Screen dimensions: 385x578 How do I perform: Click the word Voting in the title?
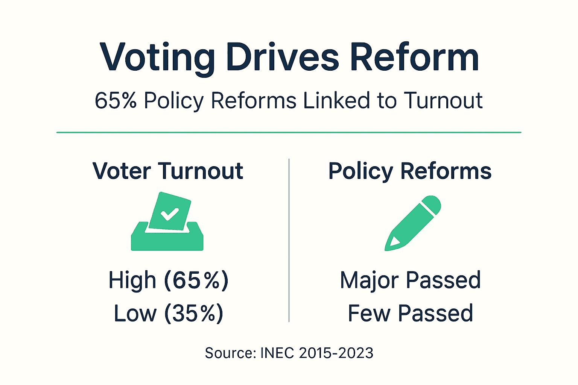pos(157,58)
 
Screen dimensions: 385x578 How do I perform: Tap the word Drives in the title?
pos(283,58)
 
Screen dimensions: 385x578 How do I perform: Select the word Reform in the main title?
pos(414,58)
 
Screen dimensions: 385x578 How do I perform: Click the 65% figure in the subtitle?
pos(116,101)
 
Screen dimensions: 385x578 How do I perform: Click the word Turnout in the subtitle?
pos(443,101)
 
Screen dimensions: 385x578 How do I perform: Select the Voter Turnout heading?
pos(168,171)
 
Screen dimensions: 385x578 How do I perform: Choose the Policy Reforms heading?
pos(410,171)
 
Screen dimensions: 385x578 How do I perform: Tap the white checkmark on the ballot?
pos(169,214)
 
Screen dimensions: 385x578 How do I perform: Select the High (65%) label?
pos(168,280)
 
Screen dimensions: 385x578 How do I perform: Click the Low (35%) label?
pos(168,314)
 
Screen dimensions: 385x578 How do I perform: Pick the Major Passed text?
pos(410,280)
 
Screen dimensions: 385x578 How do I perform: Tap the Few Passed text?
pos(410,314)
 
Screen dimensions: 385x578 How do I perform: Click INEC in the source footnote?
pos(277,353)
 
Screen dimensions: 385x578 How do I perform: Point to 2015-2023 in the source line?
pos(336,353)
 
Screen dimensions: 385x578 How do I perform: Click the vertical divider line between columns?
pos(289,241)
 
